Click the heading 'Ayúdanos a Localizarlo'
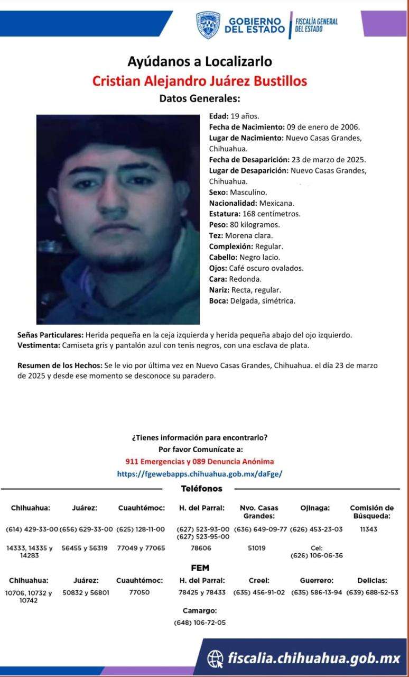tap(200, 61)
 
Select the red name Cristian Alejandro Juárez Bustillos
tap(200, 81)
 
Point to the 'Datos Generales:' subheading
tap(200, 98)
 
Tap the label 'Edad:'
tap(219, 116)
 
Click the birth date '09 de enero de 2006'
tap(323, 127)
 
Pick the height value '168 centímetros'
tap(272, 214)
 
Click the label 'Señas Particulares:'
tap(50, 335)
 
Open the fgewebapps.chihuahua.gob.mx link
tap(200, 474)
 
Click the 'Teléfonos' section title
tap(201, 489)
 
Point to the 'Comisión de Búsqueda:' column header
tap(371, 511)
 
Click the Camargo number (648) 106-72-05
tap(200, 623)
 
